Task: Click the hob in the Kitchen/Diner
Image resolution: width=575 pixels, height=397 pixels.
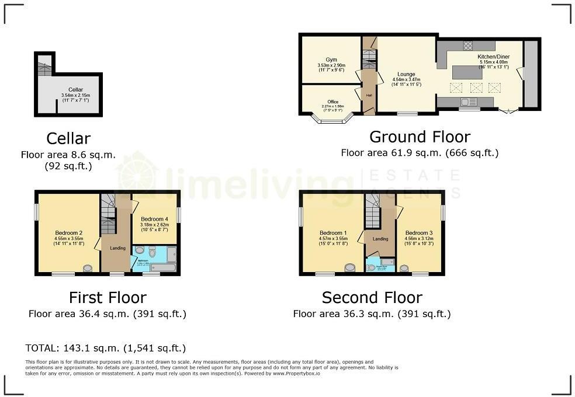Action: point(467,45)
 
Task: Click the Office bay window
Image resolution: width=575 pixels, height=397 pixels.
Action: point(332,121)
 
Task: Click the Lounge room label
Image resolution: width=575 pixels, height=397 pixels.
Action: point(406,75)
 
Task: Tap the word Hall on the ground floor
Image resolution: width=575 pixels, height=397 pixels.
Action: point(369,95)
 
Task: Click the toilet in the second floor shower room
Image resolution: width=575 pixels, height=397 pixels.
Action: point(372,268)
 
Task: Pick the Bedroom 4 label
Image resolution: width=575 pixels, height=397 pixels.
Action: point(154,219)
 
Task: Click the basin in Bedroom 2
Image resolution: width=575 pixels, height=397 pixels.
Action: point(87,269)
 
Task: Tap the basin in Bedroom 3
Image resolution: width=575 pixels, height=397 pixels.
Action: point(403,268)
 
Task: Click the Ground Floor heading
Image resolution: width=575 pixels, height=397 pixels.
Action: point(420,137)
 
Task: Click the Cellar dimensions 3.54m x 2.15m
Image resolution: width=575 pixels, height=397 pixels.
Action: point(76,95)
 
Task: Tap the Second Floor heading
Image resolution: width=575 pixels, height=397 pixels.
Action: point(372,297)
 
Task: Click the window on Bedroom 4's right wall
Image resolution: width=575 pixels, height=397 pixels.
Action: point(179,214)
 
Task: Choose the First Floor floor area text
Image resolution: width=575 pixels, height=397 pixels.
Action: point(108,314)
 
